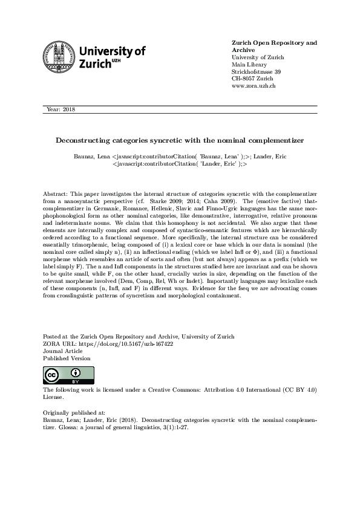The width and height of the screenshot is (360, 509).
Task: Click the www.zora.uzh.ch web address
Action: tap(254, 86)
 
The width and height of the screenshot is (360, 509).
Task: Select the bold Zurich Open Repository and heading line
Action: tap(274, 43)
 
